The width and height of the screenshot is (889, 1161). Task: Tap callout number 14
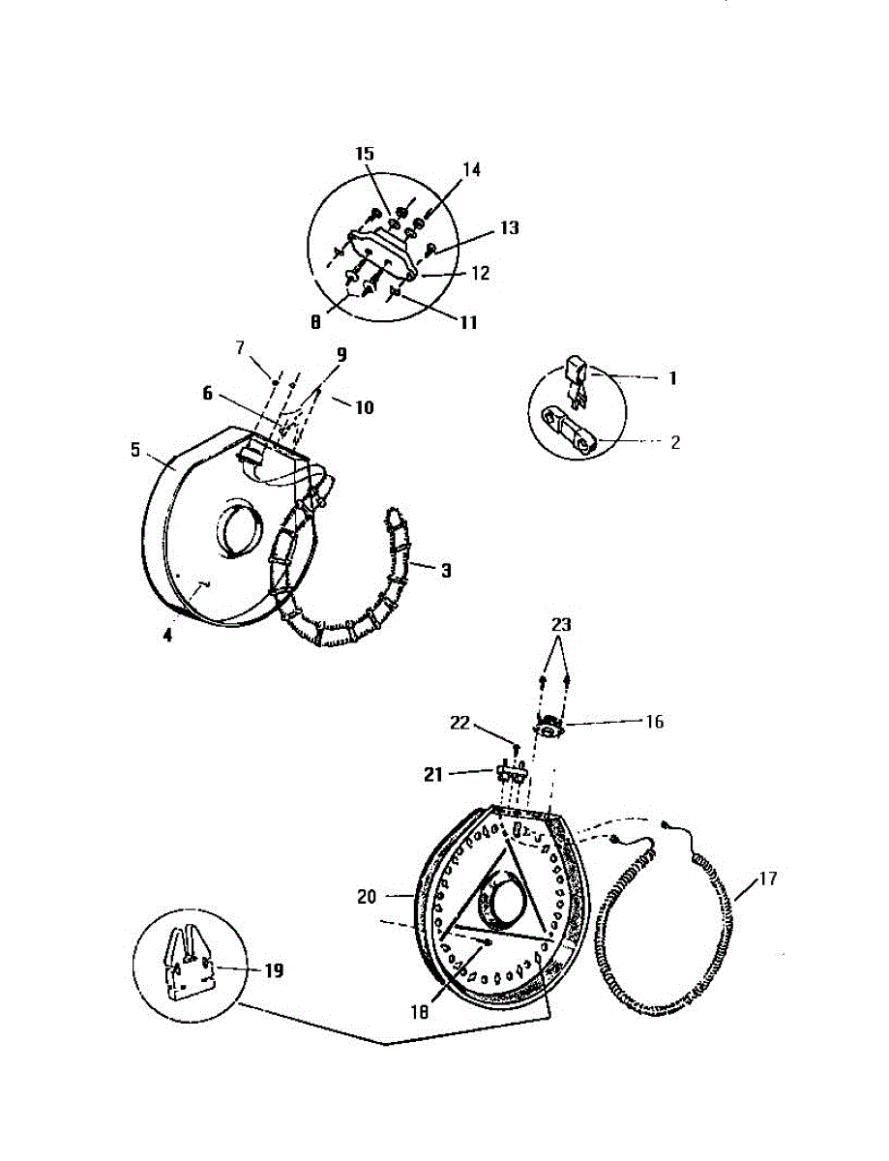(471, 168)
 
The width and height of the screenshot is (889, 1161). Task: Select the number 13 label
(509, 228)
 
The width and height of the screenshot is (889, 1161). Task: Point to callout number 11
(467, 323)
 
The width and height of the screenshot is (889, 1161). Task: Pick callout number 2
(674, 442)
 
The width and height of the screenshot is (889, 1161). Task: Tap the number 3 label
(445, 571)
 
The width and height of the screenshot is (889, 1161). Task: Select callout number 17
(767, 879)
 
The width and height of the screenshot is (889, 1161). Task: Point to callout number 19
(274, 970)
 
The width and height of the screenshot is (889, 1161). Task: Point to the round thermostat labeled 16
(551, 727)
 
